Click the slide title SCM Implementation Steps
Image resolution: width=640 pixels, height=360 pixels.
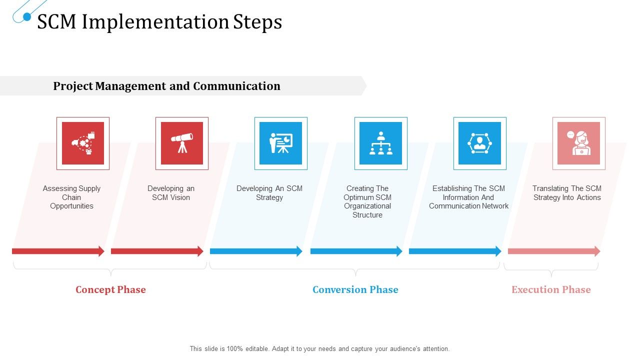pos(159,22)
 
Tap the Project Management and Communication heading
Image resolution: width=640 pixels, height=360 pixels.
pos(166,86)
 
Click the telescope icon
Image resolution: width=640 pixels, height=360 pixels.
pos(182,143)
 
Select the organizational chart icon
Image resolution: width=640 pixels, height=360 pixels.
pos(380,143)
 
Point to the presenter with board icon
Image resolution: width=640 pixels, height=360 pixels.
pos(280,143)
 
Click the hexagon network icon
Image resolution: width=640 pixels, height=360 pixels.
pos(479,143)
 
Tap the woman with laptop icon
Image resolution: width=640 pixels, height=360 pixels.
pos(578,143)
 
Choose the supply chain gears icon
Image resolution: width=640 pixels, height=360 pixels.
pos(83,143)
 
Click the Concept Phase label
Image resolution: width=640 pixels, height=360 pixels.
pos(110,289)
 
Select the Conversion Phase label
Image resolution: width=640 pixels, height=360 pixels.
pos(355,289)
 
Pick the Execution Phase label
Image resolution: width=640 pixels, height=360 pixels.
pos(551,289)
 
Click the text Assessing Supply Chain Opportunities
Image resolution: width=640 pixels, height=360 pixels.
pos(71,197)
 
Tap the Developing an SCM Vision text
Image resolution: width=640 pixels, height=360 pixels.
pos(171,193)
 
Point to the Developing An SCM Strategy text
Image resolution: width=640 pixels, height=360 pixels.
pos(269,193)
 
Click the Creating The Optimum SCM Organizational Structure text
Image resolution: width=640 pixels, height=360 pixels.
pos(367,201)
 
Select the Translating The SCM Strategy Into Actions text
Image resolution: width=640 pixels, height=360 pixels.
pos(566,193)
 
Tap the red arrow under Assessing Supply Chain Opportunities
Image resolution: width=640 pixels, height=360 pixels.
pos(58,251)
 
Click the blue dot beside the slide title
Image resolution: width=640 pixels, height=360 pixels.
pos(27,17)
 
